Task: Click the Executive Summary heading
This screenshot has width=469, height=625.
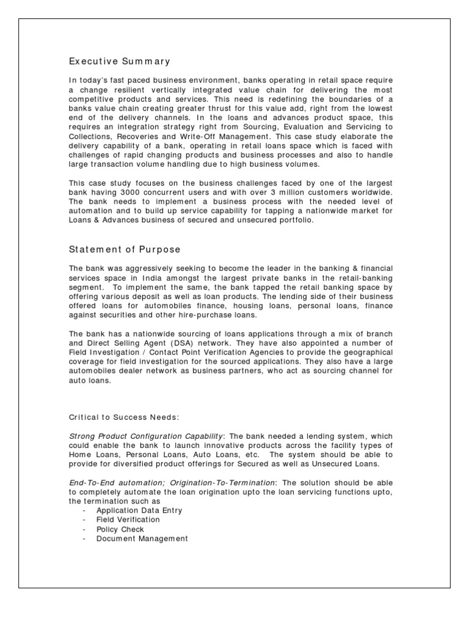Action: pos(120,62)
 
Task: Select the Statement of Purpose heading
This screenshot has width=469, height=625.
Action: pos(125,250)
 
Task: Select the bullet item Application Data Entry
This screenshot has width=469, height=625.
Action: pos(139,510)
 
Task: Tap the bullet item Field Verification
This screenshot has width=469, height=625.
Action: pos(128,519)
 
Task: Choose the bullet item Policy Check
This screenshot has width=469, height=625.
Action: pos(120,529)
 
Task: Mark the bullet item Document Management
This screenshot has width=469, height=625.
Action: pos(142,538)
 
